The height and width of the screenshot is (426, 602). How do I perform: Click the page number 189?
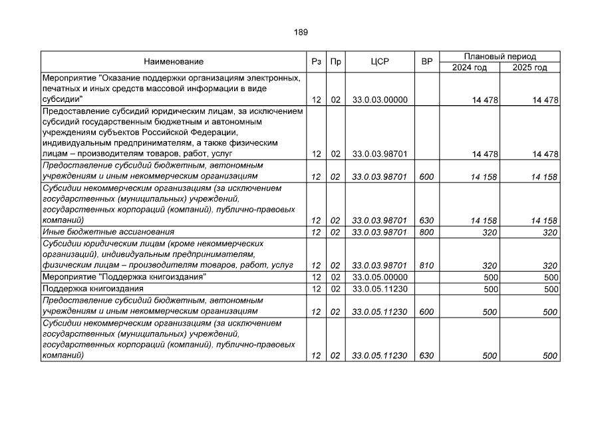[x=301, y=31]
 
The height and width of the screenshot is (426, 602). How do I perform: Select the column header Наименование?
[x=174, y=62]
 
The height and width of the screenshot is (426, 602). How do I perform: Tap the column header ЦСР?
[x=379, y=62]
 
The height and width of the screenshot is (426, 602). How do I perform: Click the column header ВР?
[x=427, y=62]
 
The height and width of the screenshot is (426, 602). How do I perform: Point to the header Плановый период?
[x=500, y=57]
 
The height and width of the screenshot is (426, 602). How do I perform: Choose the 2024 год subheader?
[x=470, y=68]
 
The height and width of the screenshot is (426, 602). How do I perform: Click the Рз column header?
[x=316, y=62]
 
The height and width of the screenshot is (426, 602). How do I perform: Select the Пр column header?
[x=336, y=62]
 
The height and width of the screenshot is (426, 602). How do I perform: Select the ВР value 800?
[x=426, y=232]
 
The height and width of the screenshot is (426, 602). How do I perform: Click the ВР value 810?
[x=426, y=265]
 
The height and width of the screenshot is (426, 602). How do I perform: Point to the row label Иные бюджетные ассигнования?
[x=108, y=232]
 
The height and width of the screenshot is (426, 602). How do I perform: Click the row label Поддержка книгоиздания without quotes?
[x=92, y=289]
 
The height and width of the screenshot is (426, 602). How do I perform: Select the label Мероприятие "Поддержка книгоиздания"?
[x=124, y=277]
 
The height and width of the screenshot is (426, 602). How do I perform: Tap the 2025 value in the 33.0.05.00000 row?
[x=549, y=277]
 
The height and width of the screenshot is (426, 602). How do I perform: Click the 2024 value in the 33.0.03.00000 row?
[x=485, y=100]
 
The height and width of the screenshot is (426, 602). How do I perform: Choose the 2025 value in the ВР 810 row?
[x=549, y=265]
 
